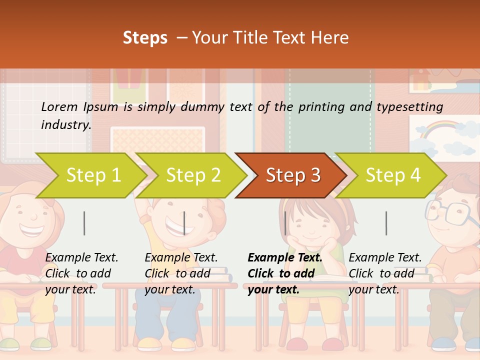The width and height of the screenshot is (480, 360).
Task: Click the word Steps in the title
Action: pyautogui.click(x=145, y=38)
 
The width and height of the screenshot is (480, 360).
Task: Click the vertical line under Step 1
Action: pyautogui.click(x=84, y=223)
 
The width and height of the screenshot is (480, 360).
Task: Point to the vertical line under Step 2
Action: pyautogui.click(x=184, y=223)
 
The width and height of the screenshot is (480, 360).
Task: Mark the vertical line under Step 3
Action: pyautogui.click(x=285, y=223)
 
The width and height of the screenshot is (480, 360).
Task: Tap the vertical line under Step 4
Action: pyautogui.click(x=386, y=223)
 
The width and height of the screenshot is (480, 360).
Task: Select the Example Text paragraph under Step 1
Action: pyautogui.click(x=81, y=273)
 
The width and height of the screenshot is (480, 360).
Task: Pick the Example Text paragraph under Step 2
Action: pyautogui.click(x=181, y=273)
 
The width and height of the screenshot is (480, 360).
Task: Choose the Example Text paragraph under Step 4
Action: pyautogui.click(x=385, y=273)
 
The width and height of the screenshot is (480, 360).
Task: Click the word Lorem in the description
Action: pyautogui.click(x=59, y=106)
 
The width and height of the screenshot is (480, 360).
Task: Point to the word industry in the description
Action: pyautogui.click(x=65, y=124)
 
